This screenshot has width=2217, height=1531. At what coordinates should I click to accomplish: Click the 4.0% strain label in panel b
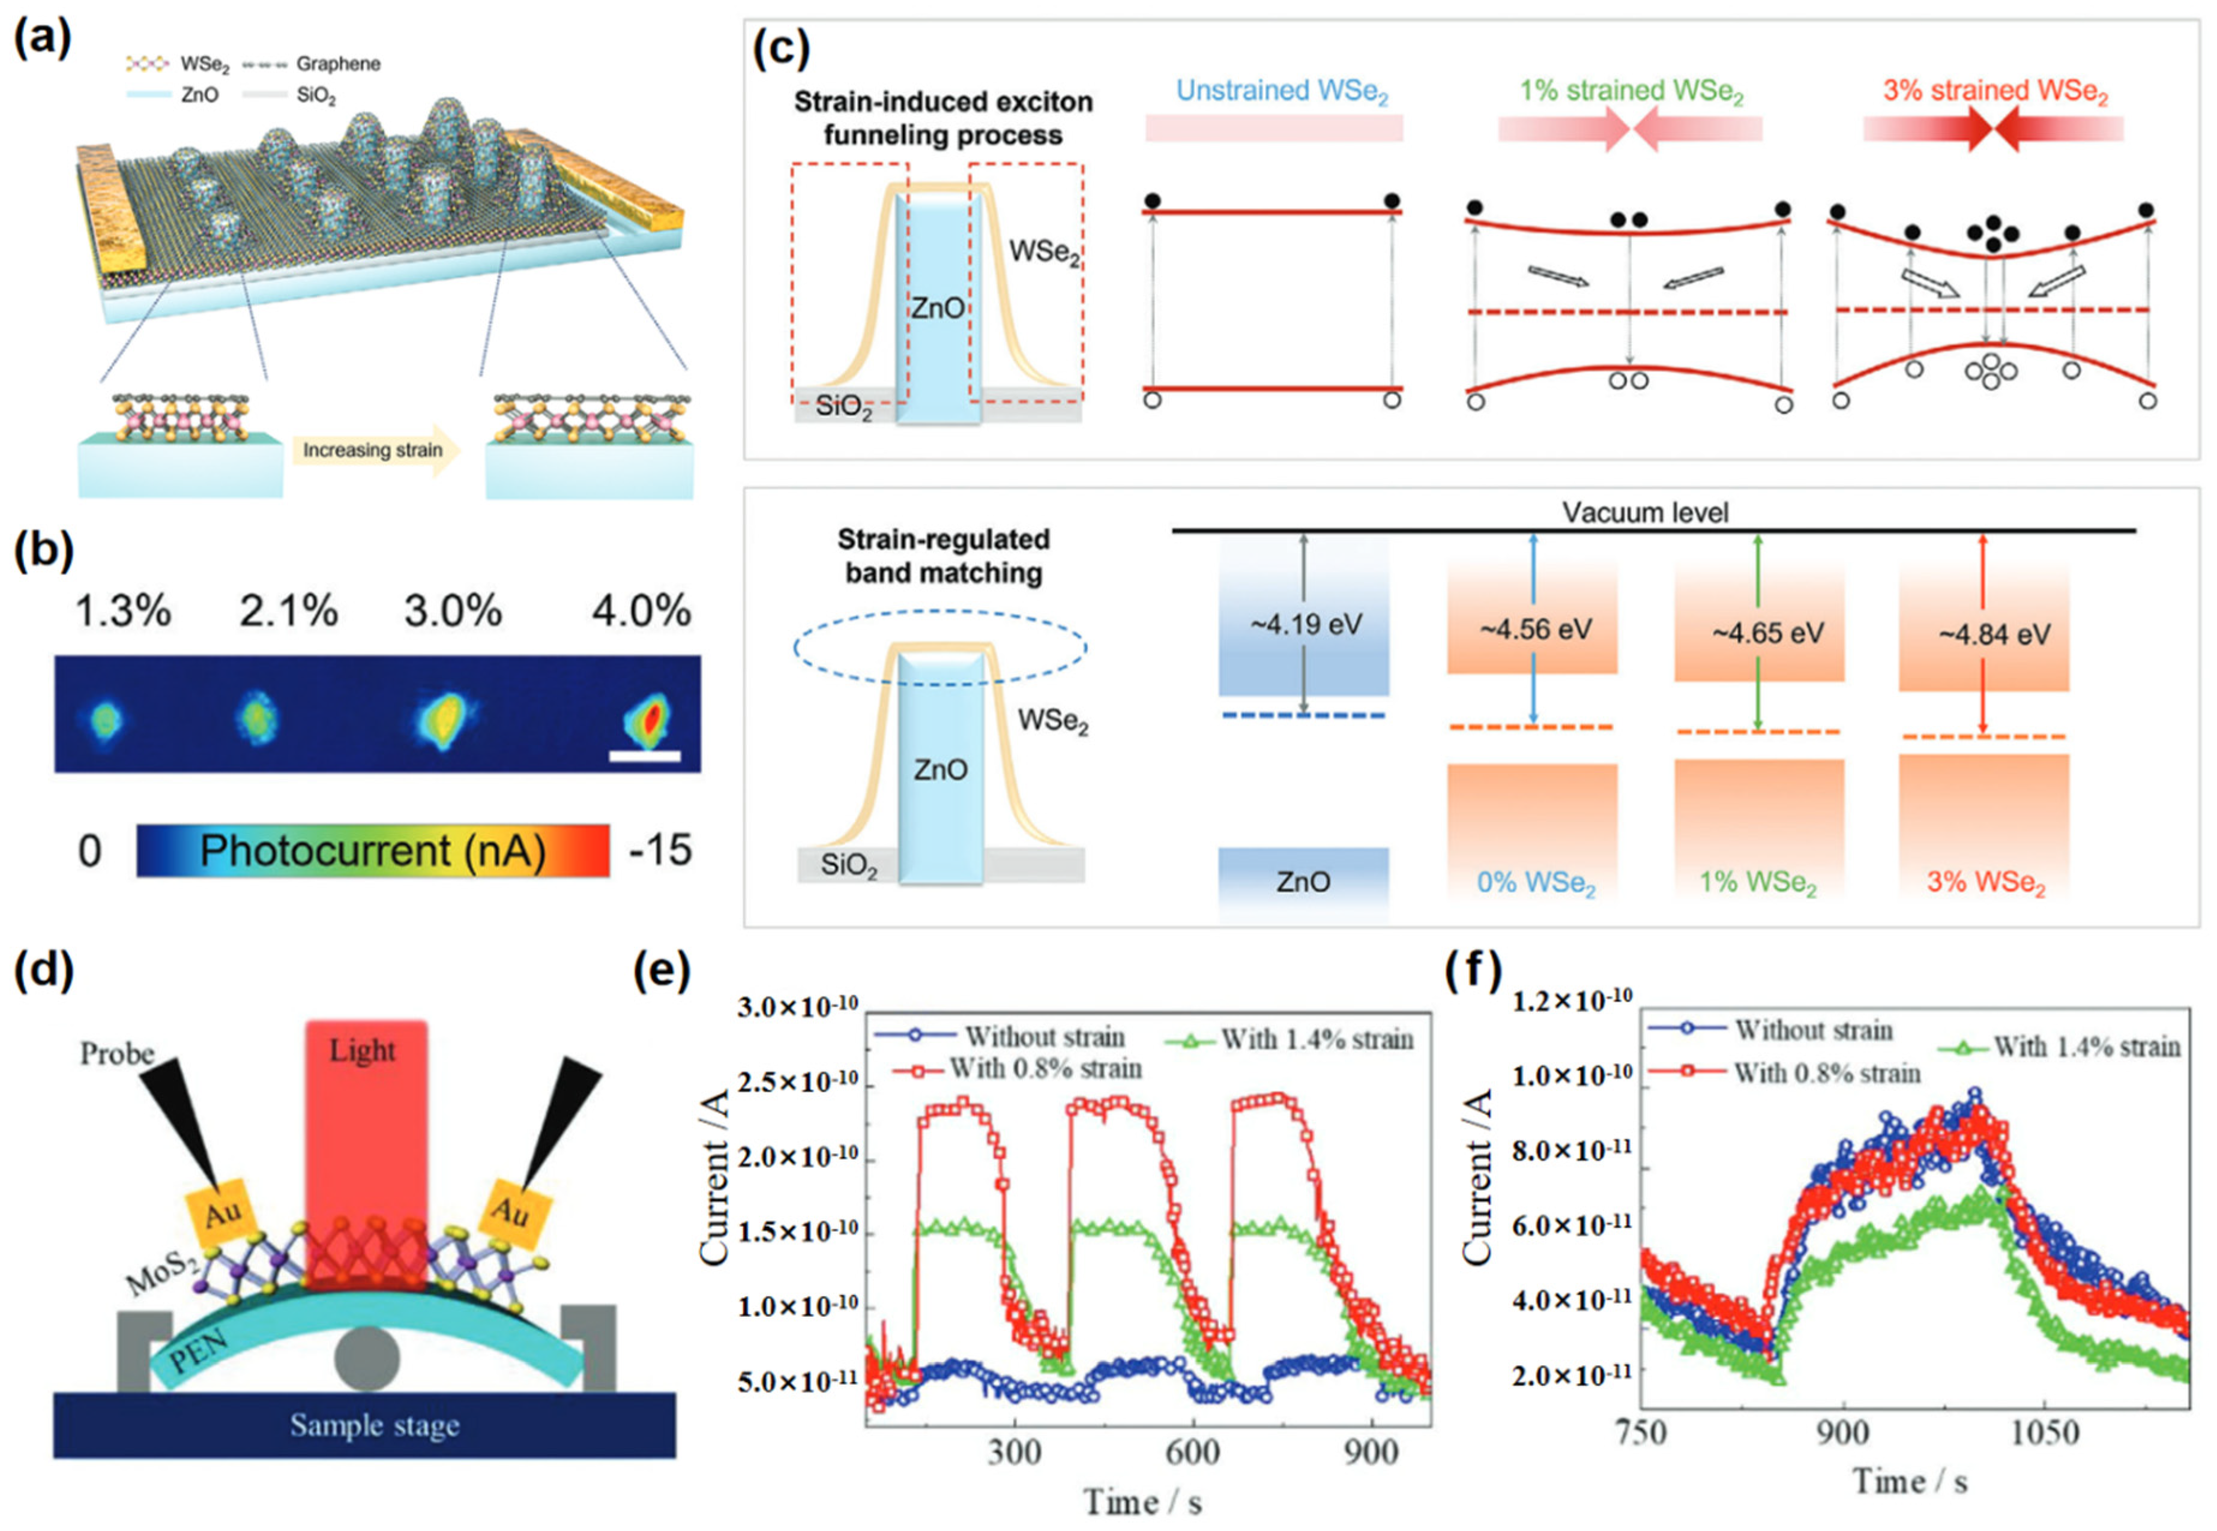pos(641,610)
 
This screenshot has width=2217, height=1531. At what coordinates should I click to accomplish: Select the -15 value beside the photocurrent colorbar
pos(660,850)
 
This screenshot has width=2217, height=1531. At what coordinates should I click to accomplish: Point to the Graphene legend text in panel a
pos(337,64)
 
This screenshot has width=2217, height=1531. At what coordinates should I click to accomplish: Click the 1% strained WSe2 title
pos(1631,92)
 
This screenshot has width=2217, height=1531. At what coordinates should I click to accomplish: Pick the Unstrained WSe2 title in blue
pos(1282,91)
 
